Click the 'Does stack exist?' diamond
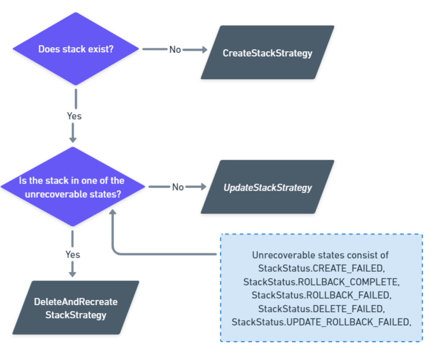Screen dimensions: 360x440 pos(76,49)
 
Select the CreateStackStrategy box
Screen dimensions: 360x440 pos(267,53)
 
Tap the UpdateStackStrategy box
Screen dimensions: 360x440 pos(267,188)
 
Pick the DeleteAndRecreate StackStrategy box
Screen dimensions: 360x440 pos(76,308)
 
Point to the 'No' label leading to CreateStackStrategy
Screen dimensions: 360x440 pos(175,50)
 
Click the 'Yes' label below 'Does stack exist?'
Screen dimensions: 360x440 pos(74,116)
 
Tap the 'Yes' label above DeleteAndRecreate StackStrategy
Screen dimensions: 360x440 pos(73,255)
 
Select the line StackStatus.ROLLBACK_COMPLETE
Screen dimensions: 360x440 pos(321,281)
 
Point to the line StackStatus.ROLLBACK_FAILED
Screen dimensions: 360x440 pos(321,295)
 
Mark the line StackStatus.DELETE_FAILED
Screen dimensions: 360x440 pos(321,308)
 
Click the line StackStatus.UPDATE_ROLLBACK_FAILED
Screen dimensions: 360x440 pos(321,321)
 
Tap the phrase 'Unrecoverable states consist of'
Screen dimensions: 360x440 pos(321,255)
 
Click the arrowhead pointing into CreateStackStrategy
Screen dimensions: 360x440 pos(204,50)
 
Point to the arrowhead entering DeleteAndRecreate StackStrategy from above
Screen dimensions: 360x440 pos(73,273)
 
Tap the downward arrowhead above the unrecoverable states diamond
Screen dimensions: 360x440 pos(73,139)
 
